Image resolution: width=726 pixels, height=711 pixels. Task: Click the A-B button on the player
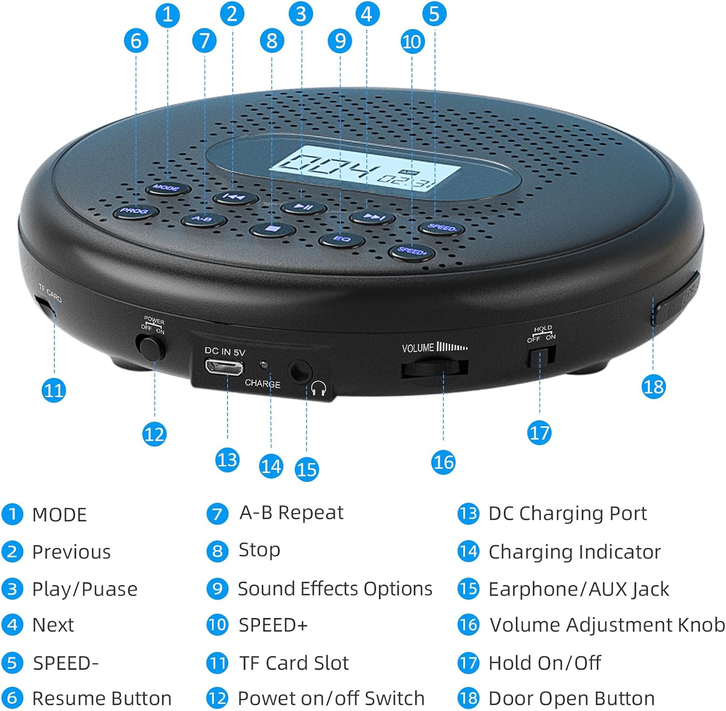[203, 220]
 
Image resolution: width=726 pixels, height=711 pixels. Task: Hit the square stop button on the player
[273, 229]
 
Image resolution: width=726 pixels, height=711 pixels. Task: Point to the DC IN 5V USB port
[224, 368]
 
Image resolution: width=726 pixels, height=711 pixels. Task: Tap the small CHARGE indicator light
[264, 364]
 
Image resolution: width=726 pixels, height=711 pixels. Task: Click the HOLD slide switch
[541, 357]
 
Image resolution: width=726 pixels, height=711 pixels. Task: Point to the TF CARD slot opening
[45, 307]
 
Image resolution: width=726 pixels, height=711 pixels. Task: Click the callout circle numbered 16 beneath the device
[443, 462]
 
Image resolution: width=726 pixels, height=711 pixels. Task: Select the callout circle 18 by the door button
[653, 386]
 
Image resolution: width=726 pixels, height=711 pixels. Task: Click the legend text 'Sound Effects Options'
[335, 589]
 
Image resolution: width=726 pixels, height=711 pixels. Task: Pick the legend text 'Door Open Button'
[572, 698]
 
